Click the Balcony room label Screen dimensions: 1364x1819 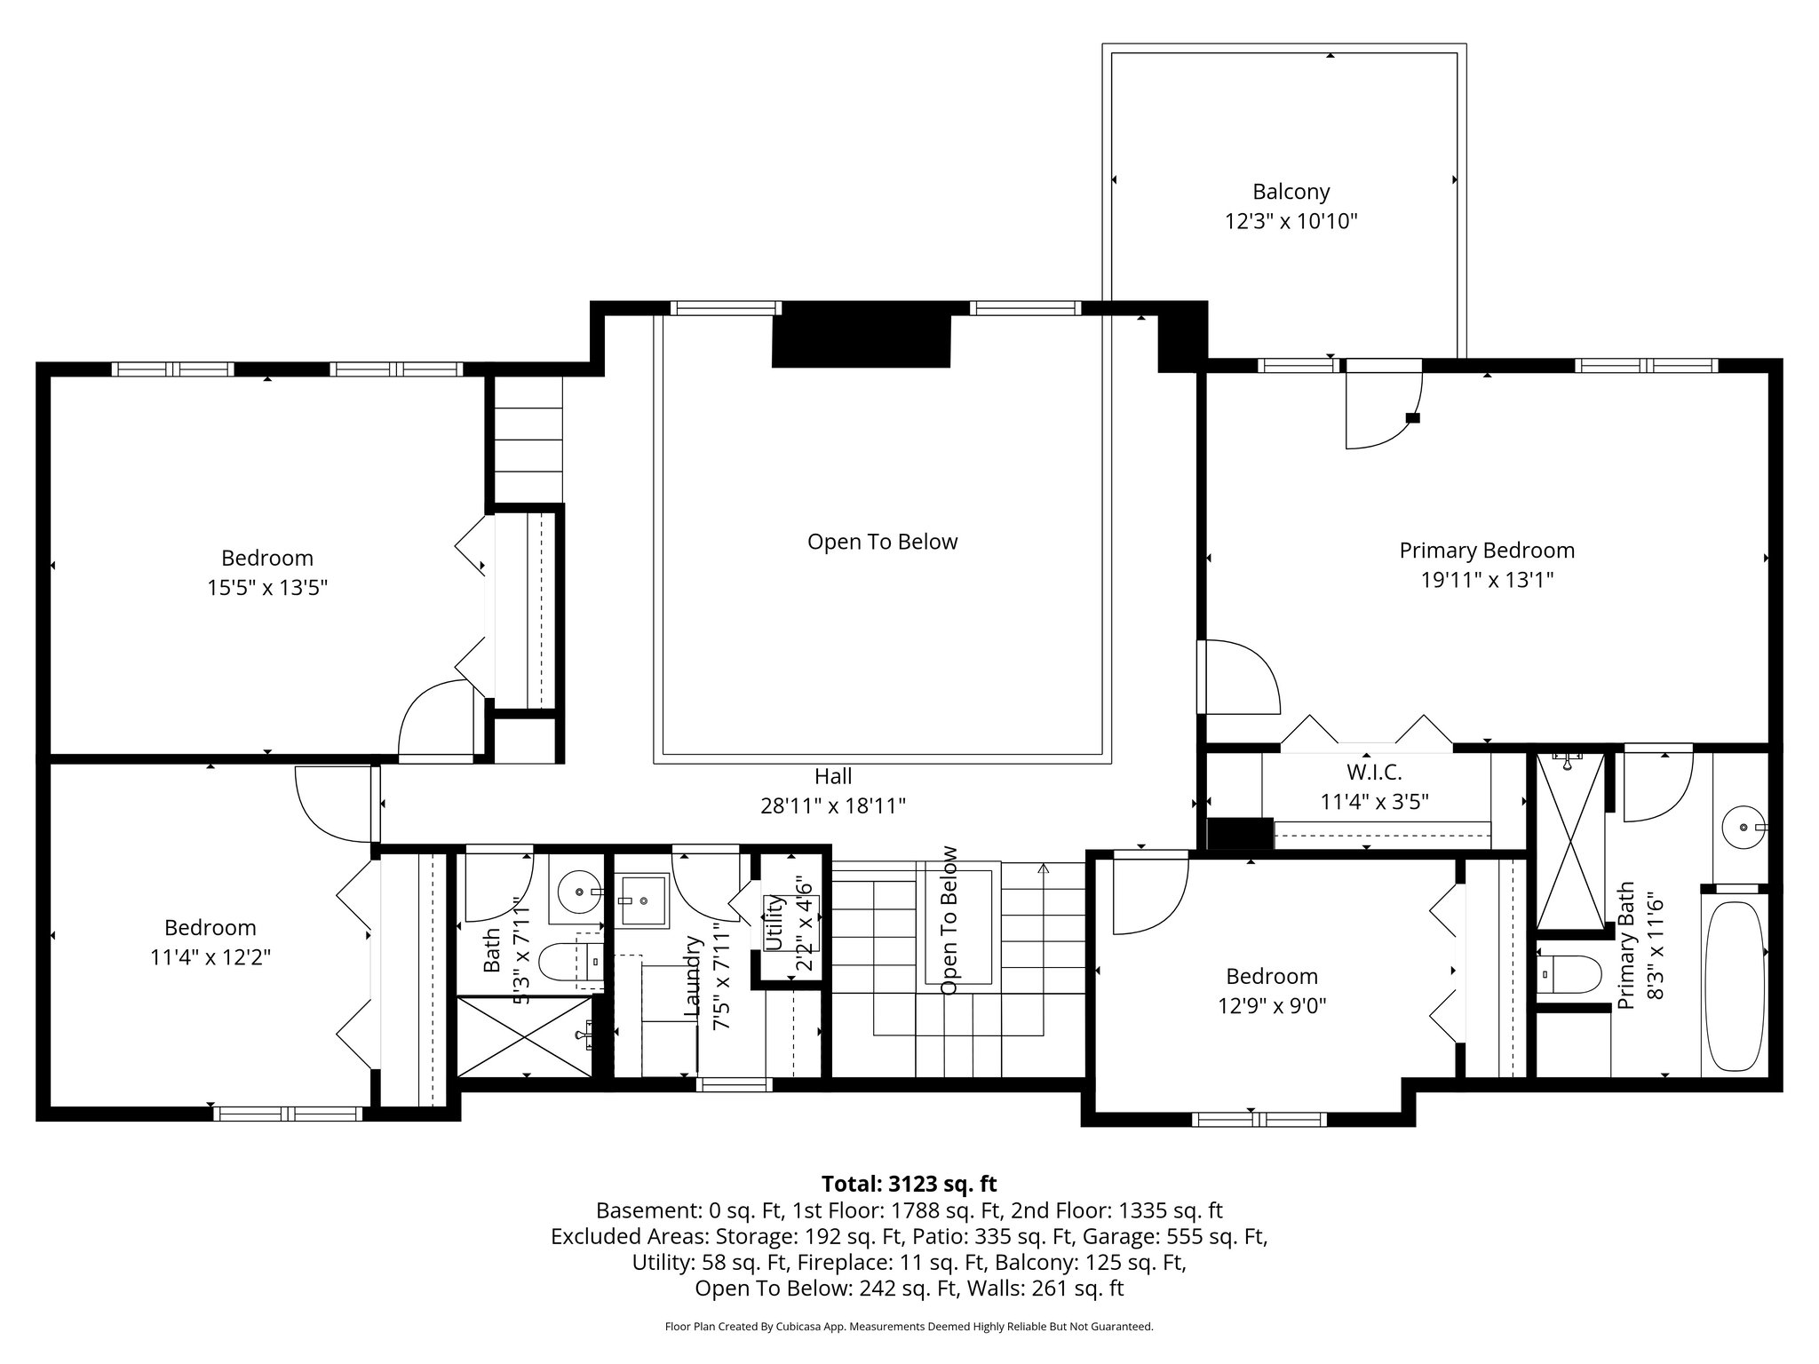(1291, 192)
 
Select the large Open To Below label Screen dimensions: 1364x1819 (882, 542)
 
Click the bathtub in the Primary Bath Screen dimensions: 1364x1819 (1733, 987)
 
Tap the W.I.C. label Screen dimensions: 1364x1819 (1373, 773)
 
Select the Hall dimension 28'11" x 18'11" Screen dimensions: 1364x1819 (832, 806)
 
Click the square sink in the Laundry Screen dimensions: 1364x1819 (641, 899)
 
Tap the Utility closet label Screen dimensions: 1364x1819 (774, 924)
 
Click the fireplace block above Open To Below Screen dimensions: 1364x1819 (861, 342)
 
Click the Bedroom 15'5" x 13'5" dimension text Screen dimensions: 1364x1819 (267, 589)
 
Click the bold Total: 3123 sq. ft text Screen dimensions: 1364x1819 (909, 1184)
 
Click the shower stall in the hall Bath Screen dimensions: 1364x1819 (523, 1036)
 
